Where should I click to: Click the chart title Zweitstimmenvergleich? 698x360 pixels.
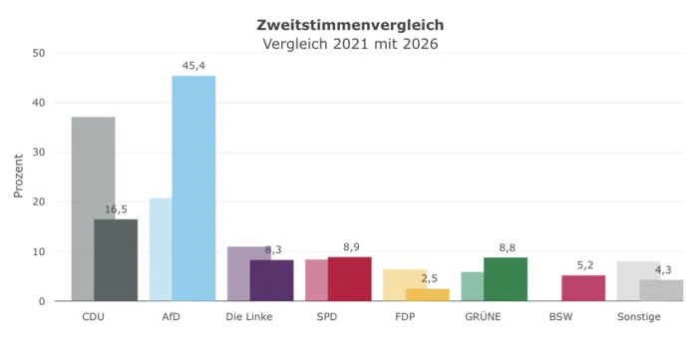point(350,25)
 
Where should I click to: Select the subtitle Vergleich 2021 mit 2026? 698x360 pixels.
point(350,44)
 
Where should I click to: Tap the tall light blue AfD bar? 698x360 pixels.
point(193,188)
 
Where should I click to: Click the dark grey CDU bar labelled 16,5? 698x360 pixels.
point(116,260)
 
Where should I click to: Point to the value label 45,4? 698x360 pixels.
point(193,66)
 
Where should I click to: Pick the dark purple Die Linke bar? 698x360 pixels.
point(271,280)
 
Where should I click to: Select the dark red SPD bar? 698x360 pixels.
point(349,279)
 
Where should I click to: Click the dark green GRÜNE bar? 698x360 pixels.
point(506,279)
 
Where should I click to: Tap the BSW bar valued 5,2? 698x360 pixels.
point(583,288)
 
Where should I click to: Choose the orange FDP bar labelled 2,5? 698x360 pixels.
point(428,294)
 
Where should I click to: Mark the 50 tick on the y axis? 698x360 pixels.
point(39,53)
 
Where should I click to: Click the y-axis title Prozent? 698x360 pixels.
point(18,176)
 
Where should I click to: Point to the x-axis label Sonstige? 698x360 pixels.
point(639,317)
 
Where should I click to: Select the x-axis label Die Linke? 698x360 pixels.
point(249,317)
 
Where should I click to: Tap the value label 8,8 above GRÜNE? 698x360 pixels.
point(507,248)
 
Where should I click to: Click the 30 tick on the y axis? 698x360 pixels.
point(39,153)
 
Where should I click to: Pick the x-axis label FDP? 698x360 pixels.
point(405,317)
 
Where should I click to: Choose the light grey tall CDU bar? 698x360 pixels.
point(93,208)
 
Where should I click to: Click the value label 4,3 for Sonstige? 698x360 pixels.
point(663,270)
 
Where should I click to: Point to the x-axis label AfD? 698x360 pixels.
point(171,317)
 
